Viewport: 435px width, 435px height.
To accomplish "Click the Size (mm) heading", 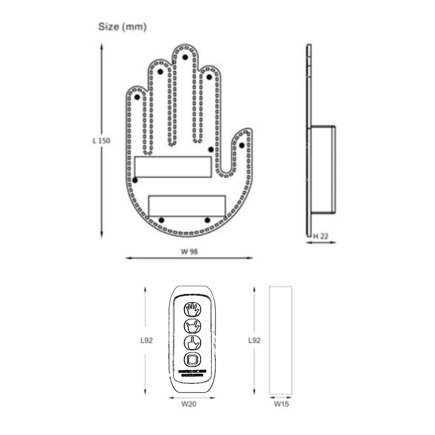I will tap(122, 27).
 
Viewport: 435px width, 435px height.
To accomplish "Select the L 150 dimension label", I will tap(101, 141).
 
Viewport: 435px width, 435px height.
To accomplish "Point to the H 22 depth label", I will tap(321, 236).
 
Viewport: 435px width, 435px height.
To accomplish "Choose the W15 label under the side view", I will tap(281, 404).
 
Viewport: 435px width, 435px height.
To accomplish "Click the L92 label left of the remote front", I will tap(146, 341).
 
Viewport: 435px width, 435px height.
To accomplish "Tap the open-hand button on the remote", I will tap(192, 310).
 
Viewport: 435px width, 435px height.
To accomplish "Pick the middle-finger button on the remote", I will tap(192, 343).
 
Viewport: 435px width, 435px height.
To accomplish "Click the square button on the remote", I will tap(192, 359).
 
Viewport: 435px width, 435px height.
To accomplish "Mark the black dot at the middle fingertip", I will tap(185, 57).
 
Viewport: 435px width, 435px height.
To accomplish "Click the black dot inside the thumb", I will tap(242, 145).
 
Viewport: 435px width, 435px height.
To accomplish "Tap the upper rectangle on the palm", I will tap(173, 167).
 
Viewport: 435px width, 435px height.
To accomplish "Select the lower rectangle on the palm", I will tap(187, 206).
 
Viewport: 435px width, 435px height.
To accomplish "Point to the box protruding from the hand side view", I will tap(323, 170).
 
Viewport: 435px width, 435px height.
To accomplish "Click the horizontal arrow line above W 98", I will tap(189, 258).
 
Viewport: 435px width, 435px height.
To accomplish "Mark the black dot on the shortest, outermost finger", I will tap(137, 97).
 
